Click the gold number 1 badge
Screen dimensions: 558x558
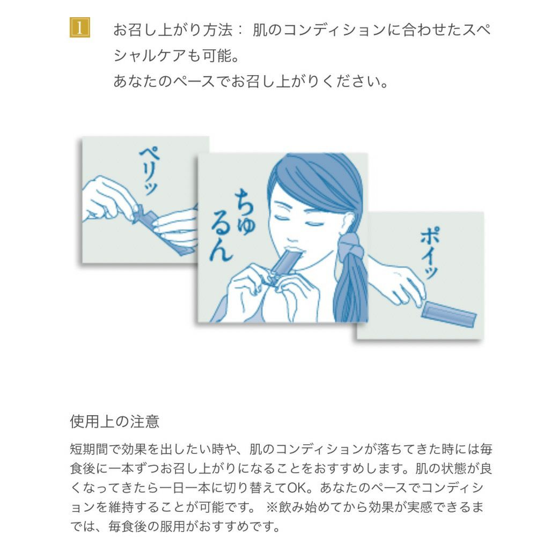pos(79,28)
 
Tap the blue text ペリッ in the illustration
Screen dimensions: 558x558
pos(149,170)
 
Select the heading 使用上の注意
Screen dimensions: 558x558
pos(114,421)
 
